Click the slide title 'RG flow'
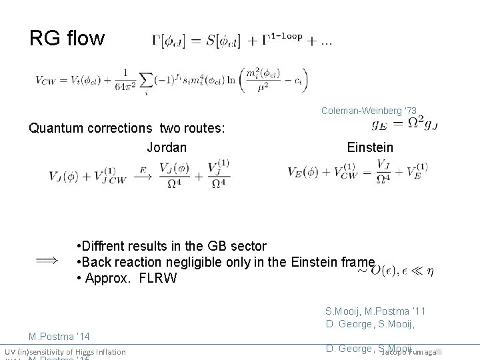click(67, 38)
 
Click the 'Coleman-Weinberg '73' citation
click(369, 110)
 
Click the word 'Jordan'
click(167, 147)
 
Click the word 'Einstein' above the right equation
click(370, 147)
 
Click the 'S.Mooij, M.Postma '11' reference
click(375, 311)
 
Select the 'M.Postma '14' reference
click(59, 337)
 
